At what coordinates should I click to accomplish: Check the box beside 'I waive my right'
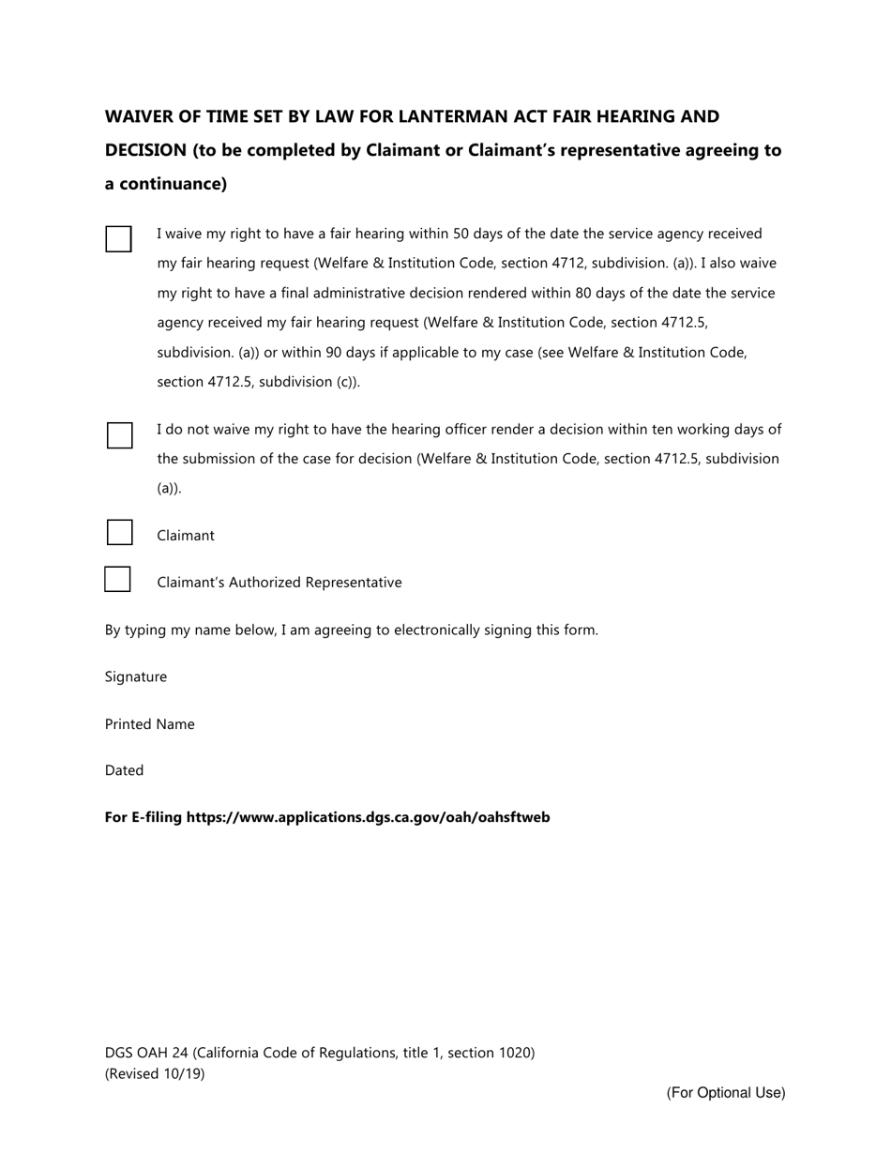118,239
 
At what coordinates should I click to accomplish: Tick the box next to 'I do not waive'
119,435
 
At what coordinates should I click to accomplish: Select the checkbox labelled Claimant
119,533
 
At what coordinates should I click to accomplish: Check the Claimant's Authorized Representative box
117,580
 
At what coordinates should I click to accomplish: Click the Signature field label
136,677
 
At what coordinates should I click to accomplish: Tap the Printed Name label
150,724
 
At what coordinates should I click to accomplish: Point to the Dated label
125,770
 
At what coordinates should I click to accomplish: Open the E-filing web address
368,817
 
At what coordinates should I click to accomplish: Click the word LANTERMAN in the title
454,117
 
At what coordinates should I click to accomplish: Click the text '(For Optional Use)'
726,1093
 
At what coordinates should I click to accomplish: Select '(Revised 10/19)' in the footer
155,1074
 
